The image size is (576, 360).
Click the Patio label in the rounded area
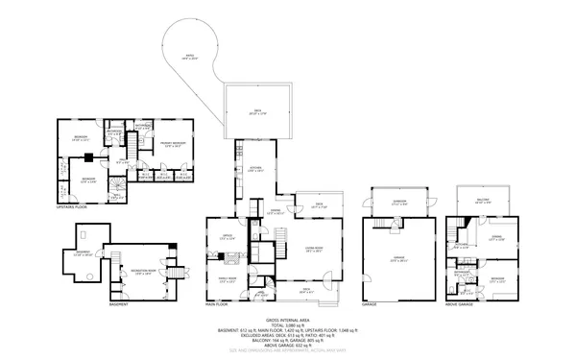click(189, 57)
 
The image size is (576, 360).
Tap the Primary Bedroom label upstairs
click(173, 146)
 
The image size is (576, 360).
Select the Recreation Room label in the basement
click(144, 272)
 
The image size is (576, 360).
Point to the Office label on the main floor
click(228, 236)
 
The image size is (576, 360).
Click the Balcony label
click(484, 201)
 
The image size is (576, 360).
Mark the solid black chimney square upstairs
click(88, 156)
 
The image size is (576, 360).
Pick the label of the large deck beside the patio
click(254, 112)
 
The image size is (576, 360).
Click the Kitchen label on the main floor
click(256, 170)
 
